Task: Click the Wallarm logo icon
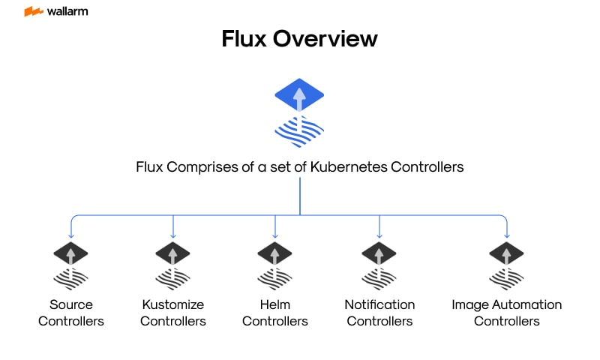click(x=33, y=11)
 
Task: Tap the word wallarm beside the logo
click(x=67, y=11)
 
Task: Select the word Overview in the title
click(x=331, y=39)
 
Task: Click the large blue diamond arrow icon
click(x=299, y=95)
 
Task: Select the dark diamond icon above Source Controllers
click(x=71, y=253)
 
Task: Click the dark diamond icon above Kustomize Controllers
click(x=173, y=253)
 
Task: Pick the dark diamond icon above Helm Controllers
click(x=275, y=253)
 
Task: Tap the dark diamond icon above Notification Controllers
click(x=379, y=253)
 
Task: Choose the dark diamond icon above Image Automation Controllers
click(x=507, y=253)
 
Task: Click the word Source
click(x=71, y=304)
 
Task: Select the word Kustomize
click(x=173, y=304)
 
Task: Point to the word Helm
click(x=275, y=304)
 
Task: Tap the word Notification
click(x=379, y=304)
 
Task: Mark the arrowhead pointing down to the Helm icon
click(x=275, y=235)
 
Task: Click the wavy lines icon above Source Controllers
click(x=71, y=279)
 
